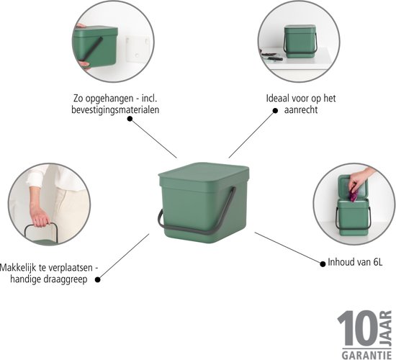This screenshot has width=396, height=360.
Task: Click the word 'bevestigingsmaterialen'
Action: point(115,109)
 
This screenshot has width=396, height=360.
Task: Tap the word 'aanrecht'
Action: point(301,109)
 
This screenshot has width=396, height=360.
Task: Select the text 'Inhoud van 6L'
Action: point(355,262)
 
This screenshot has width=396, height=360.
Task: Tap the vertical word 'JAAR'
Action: point(385,328)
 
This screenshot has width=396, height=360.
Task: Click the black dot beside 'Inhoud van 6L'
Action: point(323,264)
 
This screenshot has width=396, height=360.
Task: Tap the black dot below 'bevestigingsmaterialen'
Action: point(130,119)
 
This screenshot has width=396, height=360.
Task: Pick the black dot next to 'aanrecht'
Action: point(275,110)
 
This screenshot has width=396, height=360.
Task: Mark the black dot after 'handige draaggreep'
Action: point(97,279)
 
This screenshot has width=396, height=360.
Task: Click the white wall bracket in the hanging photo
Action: point(138,50)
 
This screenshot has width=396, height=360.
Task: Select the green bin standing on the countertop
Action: point(300,41)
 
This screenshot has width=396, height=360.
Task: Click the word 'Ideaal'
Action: point(278,98)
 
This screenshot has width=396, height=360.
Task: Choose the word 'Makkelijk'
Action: point(19,268)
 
